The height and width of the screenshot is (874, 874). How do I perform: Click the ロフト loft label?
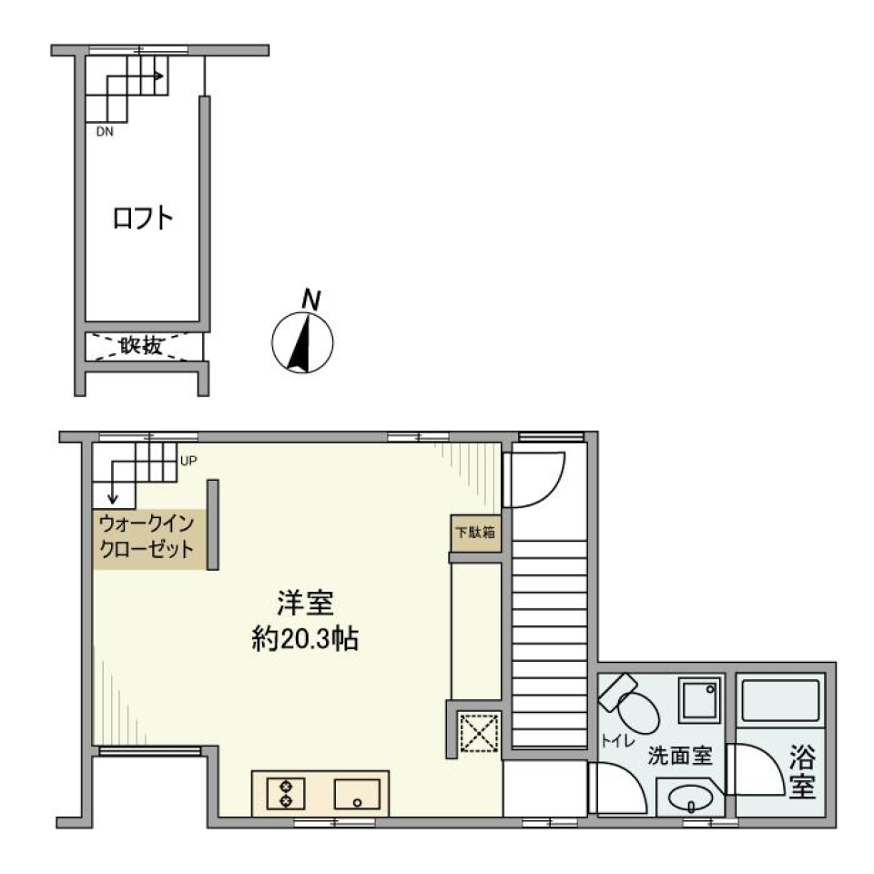coord(143,218)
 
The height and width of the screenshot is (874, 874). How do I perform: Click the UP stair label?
coord(188,461)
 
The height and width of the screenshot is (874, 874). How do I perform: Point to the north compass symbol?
coord(303,343)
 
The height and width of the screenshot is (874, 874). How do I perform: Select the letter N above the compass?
coord(311,298)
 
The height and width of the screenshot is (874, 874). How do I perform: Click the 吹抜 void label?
coord(142,346)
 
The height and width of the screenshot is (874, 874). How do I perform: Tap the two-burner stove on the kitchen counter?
coord(286,793)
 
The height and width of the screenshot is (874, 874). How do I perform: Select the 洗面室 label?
coord(679,756)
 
